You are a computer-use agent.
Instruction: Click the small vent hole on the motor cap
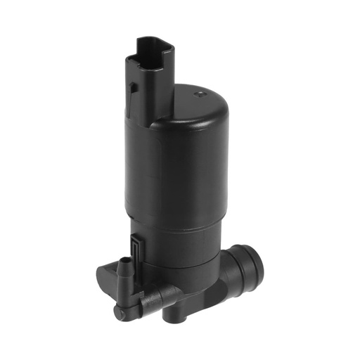tap(202, 91)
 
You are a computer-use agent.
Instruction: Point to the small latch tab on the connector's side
tap(131, 89)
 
